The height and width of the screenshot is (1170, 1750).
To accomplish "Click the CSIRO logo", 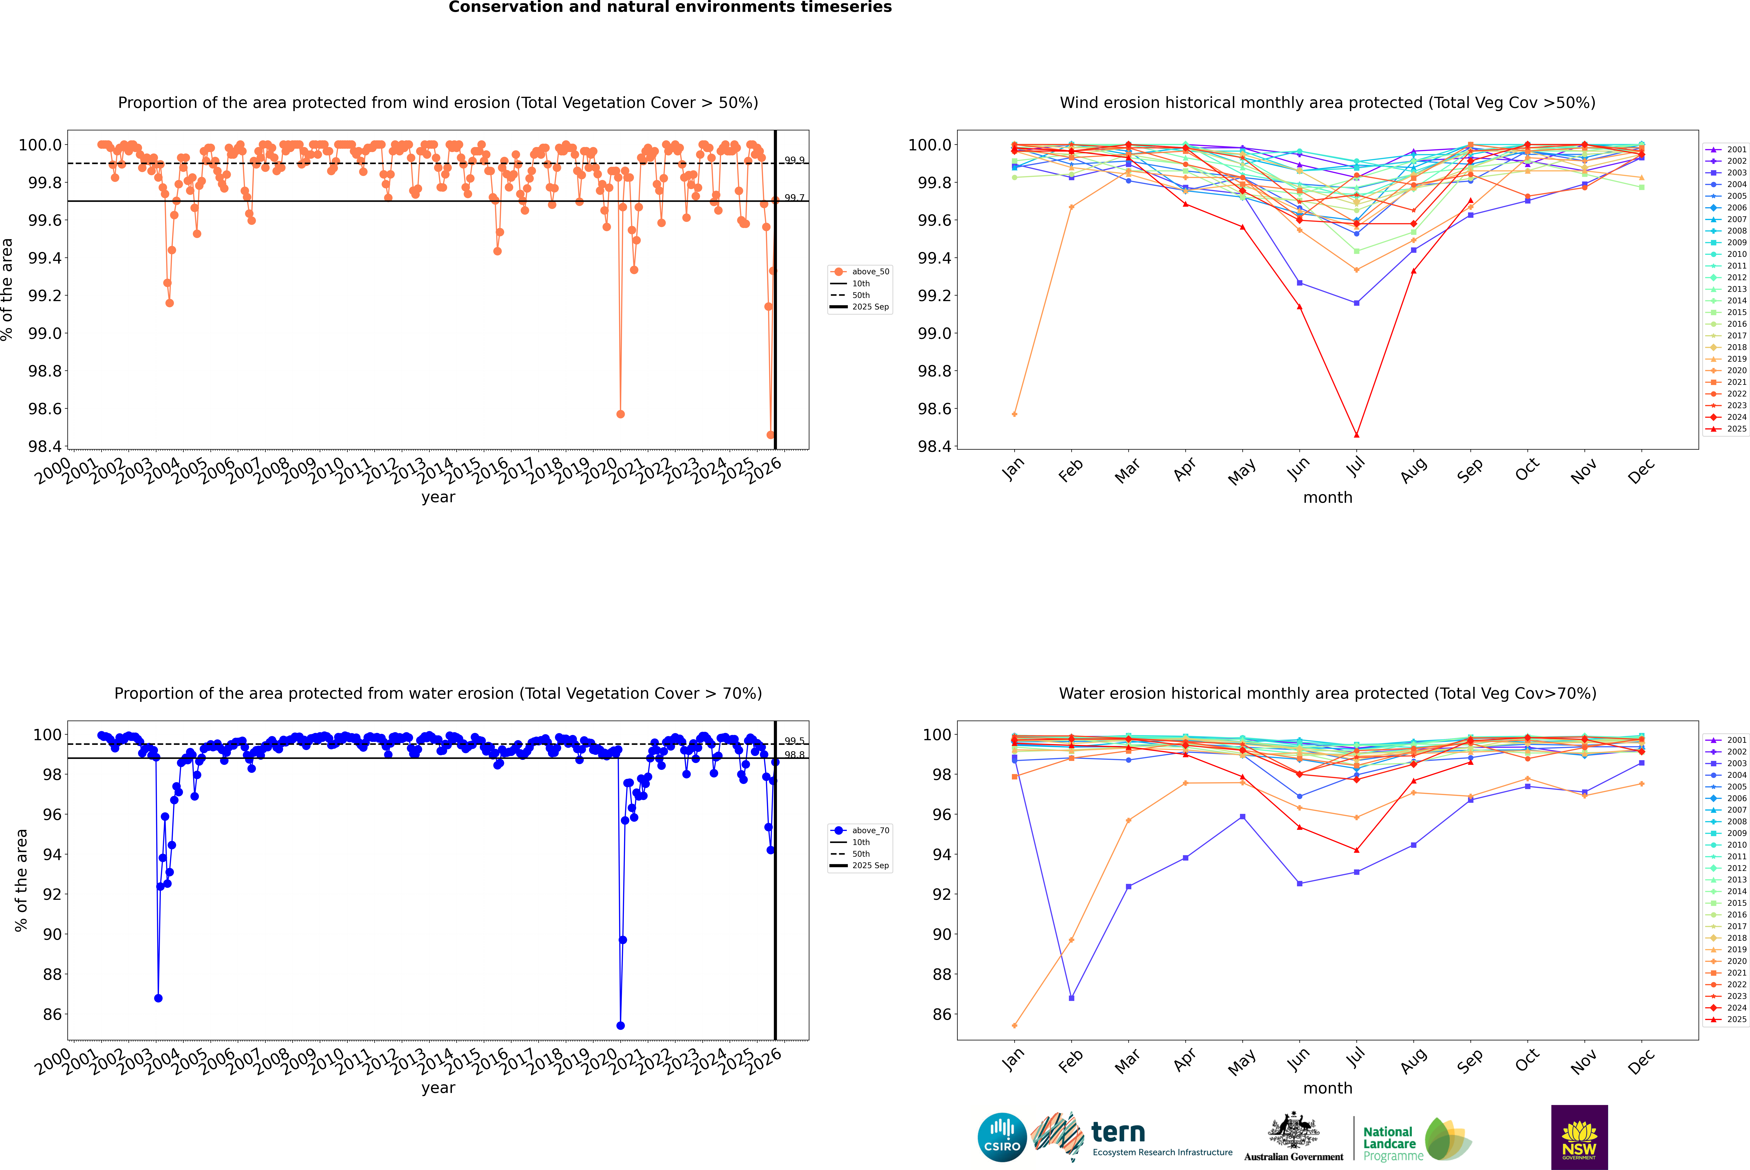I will click(1002, 1137).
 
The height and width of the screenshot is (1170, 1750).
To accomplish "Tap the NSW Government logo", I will click(1579, 1137).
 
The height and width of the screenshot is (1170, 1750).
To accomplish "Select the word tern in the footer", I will click(1117, 1132).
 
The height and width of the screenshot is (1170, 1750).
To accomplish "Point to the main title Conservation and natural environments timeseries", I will click(670, 7).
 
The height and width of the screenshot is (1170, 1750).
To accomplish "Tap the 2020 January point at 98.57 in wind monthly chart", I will click(1014, 414).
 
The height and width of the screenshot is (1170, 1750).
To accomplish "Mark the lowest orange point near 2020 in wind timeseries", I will click(621, 414).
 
